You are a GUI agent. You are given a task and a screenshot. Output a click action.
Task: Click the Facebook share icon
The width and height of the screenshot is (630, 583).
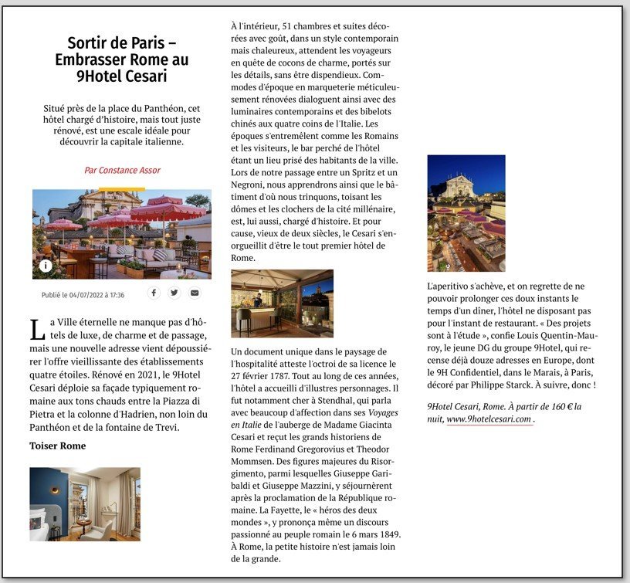click(x=154, y=293)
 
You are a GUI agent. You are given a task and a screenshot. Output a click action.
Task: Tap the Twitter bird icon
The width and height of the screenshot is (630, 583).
click(x=174, y=293)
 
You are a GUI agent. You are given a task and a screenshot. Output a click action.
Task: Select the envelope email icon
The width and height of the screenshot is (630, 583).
click(x=195, y=293)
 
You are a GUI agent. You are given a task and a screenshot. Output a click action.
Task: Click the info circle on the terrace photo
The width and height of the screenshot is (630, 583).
click(x=46, y=266)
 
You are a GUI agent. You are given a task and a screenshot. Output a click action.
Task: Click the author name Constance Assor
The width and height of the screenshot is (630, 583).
click(x=122, y=170)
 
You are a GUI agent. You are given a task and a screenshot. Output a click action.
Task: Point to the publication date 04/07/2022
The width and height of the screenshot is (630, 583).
click(x=83, y=295)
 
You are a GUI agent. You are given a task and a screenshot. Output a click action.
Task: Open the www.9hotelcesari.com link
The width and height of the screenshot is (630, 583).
click(x=489, y=419)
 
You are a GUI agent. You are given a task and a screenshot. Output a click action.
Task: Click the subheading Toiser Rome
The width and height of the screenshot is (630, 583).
click(x=58, y=446)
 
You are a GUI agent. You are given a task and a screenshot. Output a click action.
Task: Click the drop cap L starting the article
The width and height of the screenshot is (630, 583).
click(x=36, y=330)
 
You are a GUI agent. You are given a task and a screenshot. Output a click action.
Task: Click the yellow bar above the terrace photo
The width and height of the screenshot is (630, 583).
click(x=122, y=188)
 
